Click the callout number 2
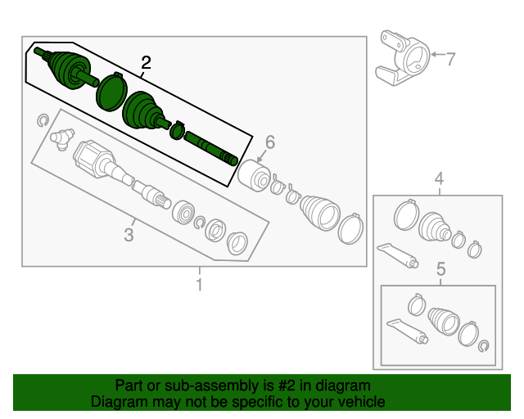pos(146,62)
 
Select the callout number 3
pos(129,235)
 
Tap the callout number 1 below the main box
pos(199,285)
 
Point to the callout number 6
pos(270,142)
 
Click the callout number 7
pos(451,59)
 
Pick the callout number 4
pos(439,178)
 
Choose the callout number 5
pos(441,269)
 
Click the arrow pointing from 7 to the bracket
pos(437,55)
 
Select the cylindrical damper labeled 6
pos(255,176)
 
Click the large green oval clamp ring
pos(111,91)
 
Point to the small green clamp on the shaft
pos(177,130)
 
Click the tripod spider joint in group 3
pos(62,138)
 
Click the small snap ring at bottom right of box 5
pos(484,346)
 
